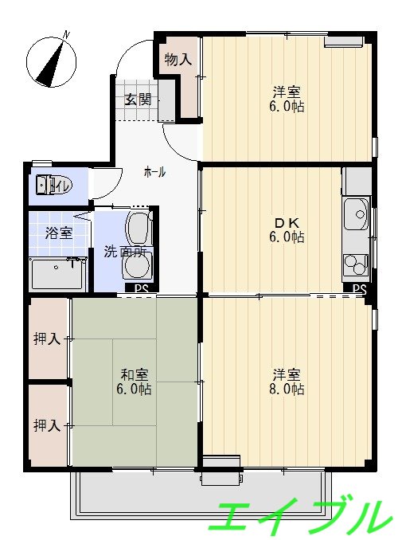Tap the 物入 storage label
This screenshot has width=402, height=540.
click(x=178, y=59)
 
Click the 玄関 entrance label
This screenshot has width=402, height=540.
click(x=138, y=100)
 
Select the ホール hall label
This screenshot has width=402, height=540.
click(x=154, y=171)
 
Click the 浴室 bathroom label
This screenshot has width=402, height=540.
click(x=58, y=233)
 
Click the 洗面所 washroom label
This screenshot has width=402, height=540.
click(x=125, y=252)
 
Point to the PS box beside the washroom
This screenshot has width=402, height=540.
click(x=141, y=288)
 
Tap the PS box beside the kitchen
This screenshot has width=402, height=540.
click(x=359, y=288)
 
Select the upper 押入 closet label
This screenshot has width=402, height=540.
click(x=47, y=339)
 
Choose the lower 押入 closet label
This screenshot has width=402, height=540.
click(x=47, y=425)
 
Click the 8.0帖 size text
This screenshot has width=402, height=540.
click(x=287, y=389)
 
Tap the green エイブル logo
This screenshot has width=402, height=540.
click(x=302, y=515)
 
